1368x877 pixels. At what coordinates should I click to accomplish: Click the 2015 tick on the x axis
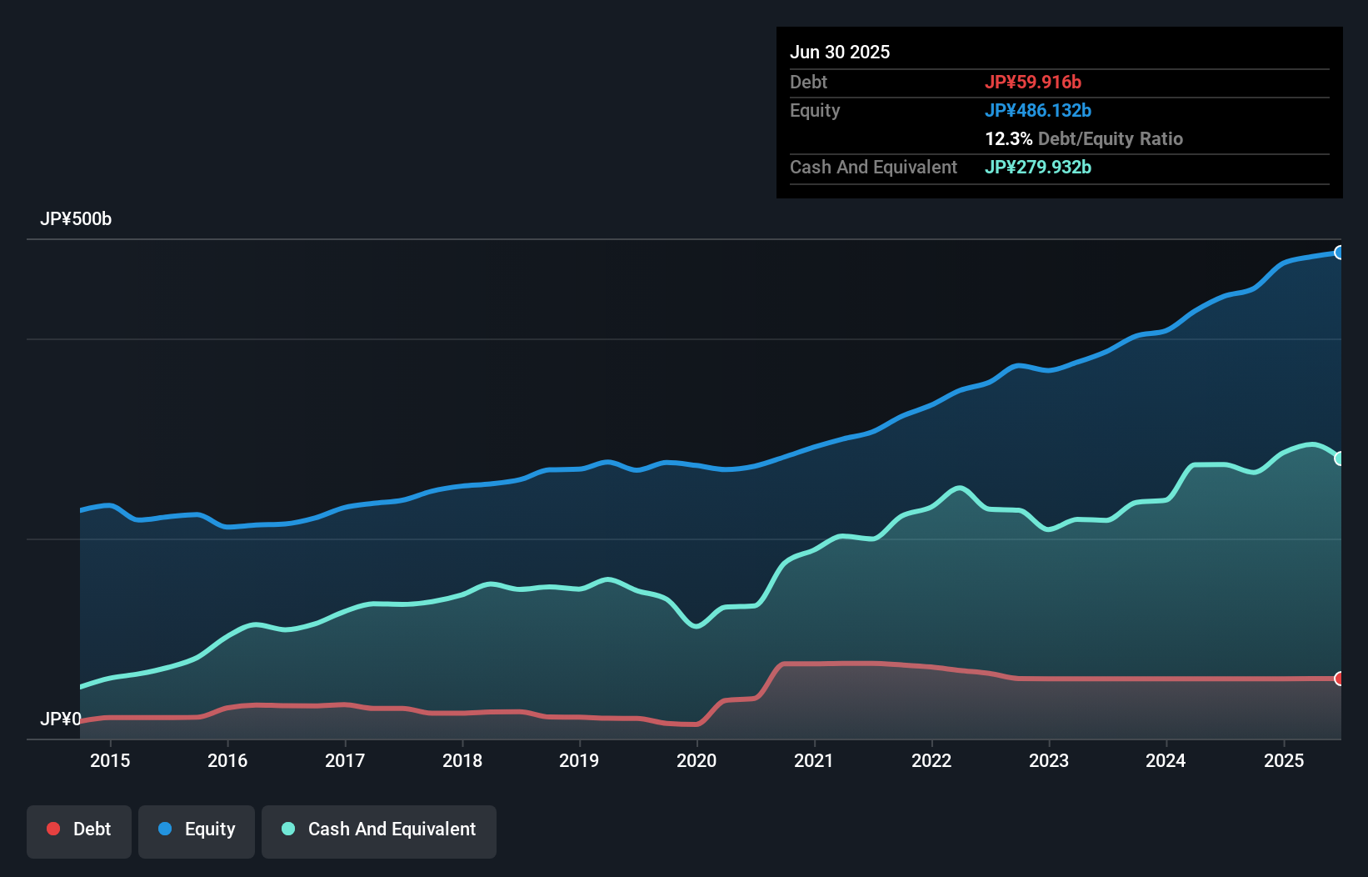(x=110, y=760)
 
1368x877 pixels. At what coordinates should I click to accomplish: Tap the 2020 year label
(x=696, y=760)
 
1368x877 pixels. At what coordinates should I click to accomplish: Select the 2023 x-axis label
(x=1048, y=760)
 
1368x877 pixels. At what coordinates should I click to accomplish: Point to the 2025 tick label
(x=1283, y=760)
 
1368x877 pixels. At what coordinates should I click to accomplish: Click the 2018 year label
(x=462, y=760)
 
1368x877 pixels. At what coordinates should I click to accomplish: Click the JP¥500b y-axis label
(x=76, y=219)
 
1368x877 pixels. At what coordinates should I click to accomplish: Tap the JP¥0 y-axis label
(x=61, y=719)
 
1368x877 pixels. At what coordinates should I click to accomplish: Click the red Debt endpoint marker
(x=1339, y=679)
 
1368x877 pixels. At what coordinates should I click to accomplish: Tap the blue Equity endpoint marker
(x=1339, y=253)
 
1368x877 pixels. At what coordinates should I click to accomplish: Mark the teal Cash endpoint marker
(x=1339, y=459)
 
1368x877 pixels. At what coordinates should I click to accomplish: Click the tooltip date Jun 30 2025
(x=840, y=52)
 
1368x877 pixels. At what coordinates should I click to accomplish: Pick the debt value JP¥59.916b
(x=1033, y=82)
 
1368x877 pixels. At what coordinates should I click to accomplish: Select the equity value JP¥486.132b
(x=1038, y=110)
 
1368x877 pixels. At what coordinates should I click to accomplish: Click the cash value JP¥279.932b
(x=1038, y=167)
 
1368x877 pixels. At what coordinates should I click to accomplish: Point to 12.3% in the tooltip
(x=1008, y=138)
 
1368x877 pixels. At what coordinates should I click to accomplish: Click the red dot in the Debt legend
(x=53, y=829)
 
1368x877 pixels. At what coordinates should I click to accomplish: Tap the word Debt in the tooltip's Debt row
(x=808, y=82)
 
